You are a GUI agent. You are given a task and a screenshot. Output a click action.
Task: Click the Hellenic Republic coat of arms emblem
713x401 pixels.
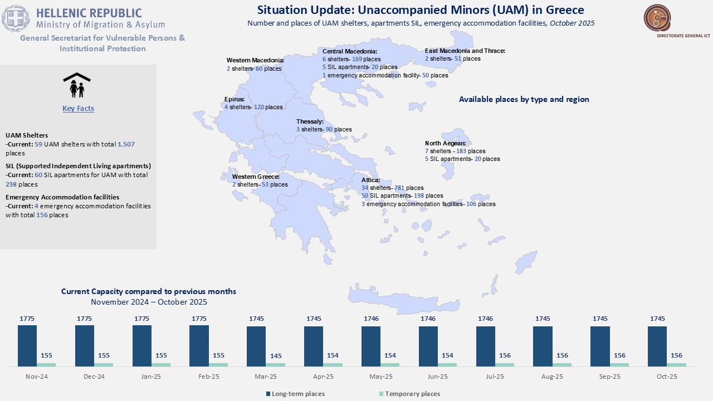coord(16,18)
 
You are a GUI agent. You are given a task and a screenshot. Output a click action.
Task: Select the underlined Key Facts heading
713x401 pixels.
coord(78,109)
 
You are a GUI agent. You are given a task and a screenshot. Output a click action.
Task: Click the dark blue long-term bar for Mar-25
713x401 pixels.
coord(256,346)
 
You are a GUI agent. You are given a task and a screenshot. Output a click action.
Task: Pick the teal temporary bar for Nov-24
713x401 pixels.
coord(46,365)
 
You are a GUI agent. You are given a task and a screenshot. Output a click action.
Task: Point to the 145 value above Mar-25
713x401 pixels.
coord(275,355)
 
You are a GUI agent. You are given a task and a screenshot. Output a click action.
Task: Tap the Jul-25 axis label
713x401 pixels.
coord(485,377)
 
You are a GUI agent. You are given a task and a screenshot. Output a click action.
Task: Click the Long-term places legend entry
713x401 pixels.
coord(298,394)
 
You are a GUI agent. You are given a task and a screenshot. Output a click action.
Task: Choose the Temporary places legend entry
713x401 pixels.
coord(412,394)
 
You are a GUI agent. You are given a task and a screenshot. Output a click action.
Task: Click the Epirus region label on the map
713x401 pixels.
coord(235,99)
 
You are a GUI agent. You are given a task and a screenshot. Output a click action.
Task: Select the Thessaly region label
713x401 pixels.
coord(310,121)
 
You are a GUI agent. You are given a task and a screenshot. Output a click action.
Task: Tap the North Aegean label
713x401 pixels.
coord(446,143)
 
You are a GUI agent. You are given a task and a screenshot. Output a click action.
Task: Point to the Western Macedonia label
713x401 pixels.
coord(255,60)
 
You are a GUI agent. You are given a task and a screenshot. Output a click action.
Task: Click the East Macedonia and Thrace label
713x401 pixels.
coord(465,51)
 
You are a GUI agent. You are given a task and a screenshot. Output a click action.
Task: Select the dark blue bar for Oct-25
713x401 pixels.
coord(657,346)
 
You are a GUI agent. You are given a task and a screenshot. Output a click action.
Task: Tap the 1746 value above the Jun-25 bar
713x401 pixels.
coord(428,319)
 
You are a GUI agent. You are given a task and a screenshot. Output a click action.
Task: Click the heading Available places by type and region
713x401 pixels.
coord(524,99)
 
